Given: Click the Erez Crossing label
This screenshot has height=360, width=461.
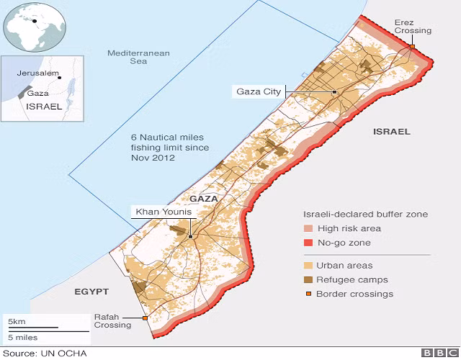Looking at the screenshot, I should pos(413,27).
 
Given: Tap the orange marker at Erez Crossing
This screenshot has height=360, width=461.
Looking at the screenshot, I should pos(413,48).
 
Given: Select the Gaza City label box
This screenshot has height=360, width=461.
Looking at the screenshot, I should pos(259,91).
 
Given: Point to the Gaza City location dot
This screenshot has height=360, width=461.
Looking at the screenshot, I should pos(334,93).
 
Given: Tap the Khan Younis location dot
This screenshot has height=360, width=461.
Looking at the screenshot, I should pos(190,236).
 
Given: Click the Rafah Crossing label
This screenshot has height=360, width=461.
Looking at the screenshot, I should pos(113,320).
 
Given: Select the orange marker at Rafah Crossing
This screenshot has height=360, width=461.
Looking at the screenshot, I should pos(146,318).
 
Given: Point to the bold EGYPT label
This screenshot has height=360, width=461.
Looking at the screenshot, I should pos(91,292).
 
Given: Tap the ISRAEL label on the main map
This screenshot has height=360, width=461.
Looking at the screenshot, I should pos(391,132).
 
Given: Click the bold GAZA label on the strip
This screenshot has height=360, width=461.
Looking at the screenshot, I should pos(203,198).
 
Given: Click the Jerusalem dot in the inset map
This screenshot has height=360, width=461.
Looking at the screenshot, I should pos(60,78).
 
